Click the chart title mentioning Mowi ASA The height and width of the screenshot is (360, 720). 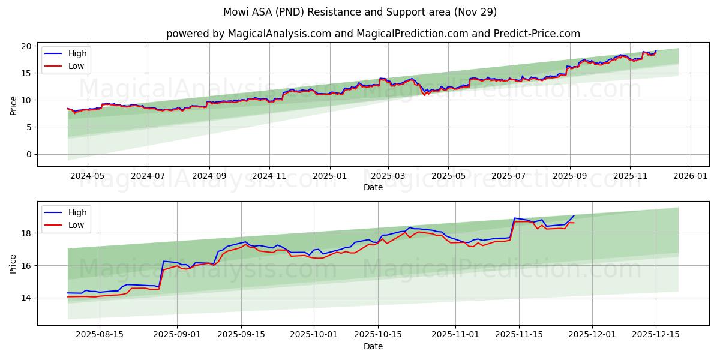click(x=360, y=12)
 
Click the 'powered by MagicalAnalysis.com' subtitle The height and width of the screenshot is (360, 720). click(x=373, y=34)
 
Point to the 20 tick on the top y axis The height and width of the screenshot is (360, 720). click(x=27, y=46)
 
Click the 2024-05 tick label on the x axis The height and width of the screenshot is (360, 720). click(x=88, y=176)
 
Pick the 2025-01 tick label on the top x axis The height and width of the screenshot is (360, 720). click(x=329, y=176)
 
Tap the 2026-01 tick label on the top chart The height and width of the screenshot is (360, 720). click(x=691, y=176)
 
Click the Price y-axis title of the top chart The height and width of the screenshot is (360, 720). click(x=13, y=105)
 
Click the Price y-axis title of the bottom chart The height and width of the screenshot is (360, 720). click(x=13, y=263)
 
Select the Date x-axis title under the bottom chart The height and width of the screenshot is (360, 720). click(x=373, y=347)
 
